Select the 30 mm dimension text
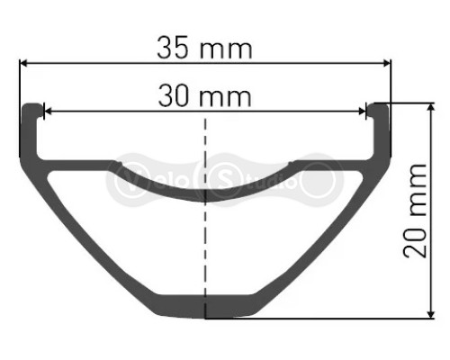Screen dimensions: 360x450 [206, 94]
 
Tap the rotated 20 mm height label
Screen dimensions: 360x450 [416, 210]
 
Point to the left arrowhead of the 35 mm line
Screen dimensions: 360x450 [25, 63]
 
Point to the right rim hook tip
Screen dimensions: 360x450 [379, 108]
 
